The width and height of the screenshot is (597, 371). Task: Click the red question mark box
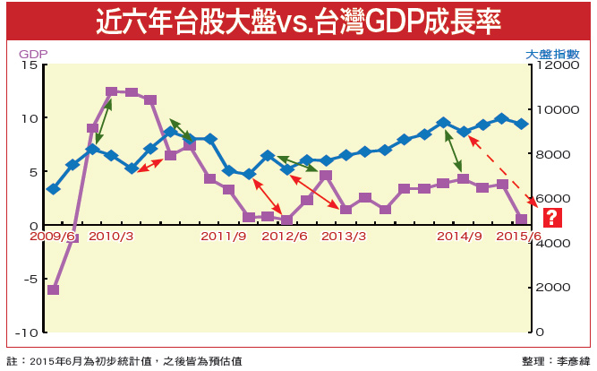551,217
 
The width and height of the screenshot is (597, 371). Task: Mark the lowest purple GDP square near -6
54,290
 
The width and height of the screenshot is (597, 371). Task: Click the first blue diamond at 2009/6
54,189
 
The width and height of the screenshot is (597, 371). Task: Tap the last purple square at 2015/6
522,219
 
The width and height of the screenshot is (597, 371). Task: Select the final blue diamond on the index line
522,124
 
